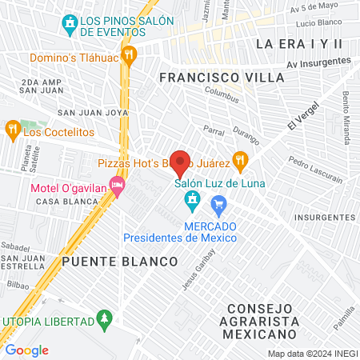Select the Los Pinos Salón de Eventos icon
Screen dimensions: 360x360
point(70,23)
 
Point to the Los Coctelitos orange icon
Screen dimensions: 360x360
point(12,129)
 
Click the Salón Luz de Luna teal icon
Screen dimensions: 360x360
point(192,198)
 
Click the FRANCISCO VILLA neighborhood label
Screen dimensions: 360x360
point(222,77)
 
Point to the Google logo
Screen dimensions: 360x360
point(27,350)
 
